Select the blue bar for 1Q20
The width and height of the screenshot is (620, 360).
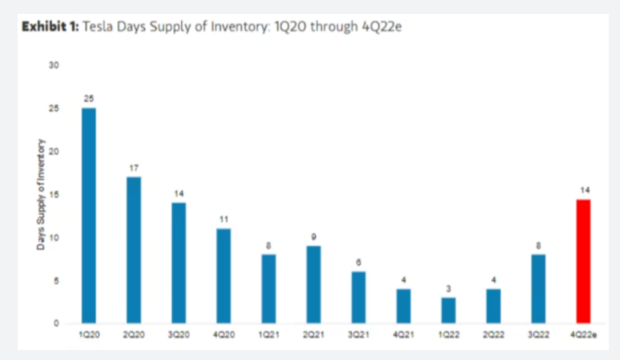coord(89,215)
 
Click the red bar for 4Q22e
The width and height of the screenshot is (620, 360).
coord(583,261)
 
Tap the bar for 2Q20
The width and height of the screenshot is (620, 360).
coord(134,249)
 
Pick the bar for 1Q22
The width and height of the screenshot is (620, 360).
coord(448,310)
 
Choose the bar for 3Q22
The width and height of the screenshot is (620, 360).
coord(538,288)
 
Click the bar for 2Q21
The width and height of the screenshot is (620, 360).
coord(313,284)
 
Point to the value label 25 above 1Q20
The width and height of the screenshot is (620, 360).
coord(89,98)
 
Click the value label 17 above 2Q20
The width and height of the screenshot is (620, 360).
coord(134,167)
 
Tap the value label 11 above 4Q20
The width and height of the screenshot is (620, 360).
coord(223,218)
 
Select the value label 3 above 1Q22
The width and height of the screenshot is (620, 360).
coord(448,288)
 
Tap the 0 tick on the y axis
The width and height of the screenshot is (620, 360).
coord(57,324)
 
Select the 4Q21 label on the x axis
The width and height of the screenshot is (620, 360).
coord(403,334)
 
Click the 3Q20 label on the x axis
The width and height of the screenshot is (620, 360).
coord(179,334)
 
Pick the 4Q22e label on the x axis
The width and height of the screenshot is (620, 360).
coord(584,334)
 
